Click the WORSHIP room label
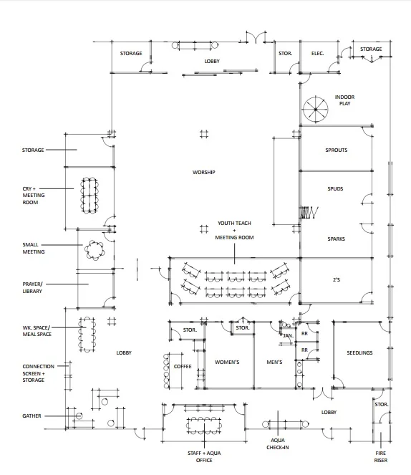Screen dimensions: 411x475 click(203, 173)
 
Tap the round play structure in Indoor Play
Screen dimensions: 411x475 click(315, 110)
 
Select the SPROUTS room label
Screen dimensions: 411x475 click(337, 150)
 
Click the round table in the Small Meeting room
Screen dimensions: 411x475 click(95, 251)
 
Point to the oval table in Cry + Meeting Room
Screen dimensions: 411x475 click(90, 196)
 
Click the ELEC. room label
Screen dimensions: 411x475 click(317, 54)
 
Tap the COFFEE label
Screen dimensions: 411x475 click(183, 367)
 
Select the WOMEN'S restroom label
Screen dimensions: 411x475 click(227, 362)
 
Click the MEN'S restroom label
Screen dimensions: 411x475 click(274, 362)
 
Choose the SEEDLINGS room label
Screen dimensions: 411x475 click(359, 353)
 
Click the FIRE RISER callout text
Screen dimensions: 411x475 click(381, 457)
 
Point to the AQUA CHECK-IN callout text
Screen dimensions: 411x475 click(278, 443)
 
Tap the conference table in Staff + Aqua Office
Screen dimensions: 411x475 click(204, 426)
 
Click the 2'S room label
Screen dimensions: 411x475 click(337, 279)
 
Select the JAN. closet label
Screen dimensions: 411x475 click(288, 335)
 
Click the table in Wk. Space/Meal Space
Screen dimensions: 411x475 click(87, 335)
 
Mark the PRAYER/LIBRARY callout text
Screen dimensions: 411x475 click(32, 287)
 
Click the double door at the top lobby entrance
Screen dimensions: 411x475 click(256, 37)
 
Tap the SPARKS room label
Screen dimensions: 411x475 click(336, 239)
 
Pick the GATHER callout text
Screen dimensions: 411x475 click(32, 416)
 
